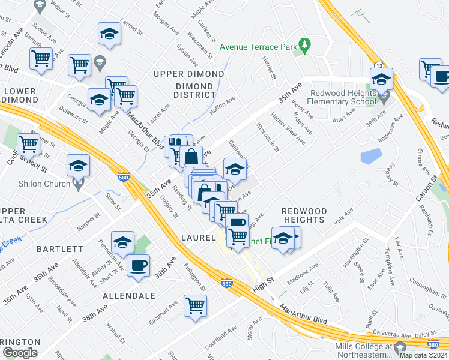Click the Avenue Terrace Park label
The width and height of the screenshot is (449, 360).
coord(259,46)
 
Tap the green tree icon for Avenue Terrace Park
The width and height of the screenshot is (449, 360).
coord(305,46)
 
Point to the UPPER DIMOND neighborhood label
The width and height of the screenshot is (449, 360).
coord(188,74)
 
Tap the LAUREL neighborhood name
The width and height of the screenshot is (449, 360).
coord(198,238)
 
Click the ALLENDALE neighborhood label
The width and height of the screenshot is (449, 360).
coord(129,296)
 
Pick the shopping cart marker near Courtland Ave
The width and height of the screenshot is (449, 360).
coord(196,305)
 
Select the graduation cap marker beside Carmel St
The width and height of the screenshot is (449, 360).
coord(109,34)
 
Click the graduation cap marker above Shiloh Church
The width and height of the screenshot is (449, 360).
coord(78,165)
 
